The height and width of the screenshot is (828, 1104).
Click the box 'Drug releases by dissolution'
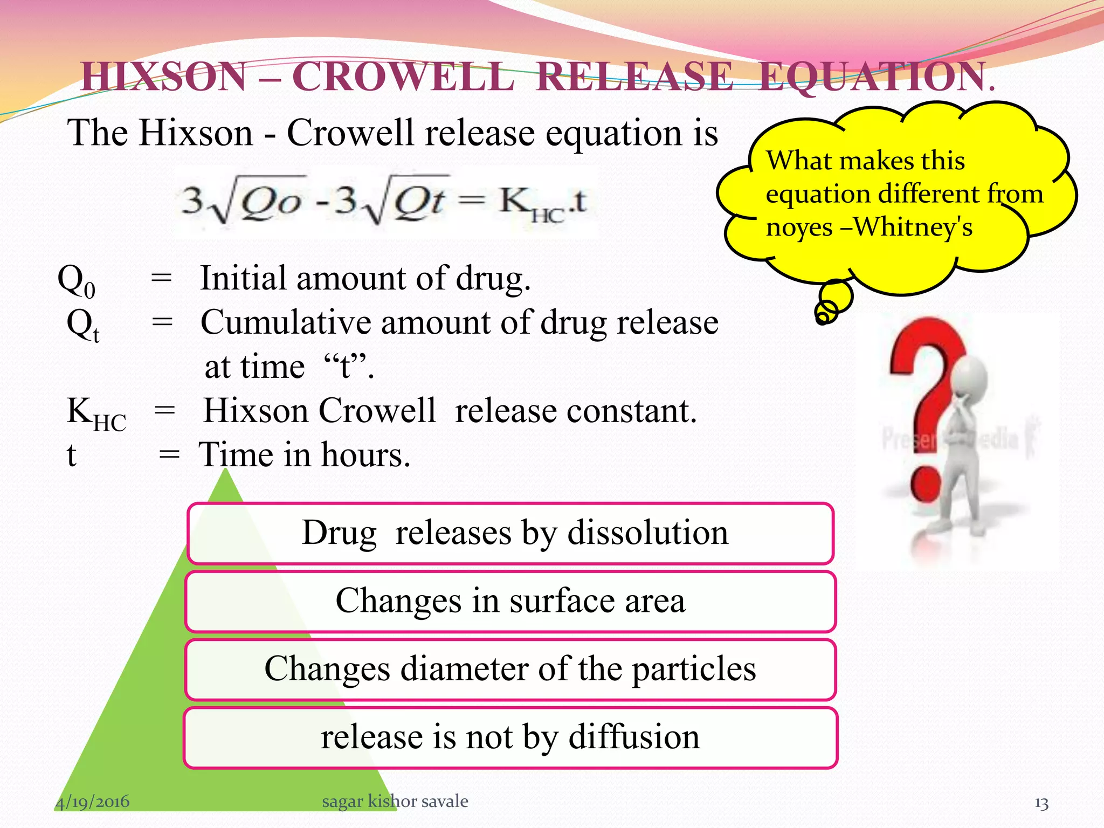tap(510, 533)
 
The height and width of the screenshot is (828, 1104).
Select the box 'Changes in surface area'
tap(510, 601)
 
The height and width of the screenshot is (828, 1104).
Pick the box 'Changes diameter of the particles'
tap(510, 669)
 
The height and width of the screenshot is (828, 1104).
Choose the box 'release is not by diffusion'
tap(510, 737)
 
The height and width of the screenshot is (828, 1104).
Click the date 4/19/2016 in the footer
tap(92, 802)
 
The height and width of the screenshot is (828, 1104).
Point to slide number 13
tap(1041, 803)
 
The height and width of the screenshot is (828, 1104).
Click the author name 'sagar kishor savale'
tap(395, 801)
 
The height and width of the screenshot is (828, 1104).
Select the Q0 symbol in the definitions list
tap(76, 281)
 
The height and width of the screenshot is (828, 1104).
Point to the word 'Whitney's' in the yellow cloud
tap(913, 227)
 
